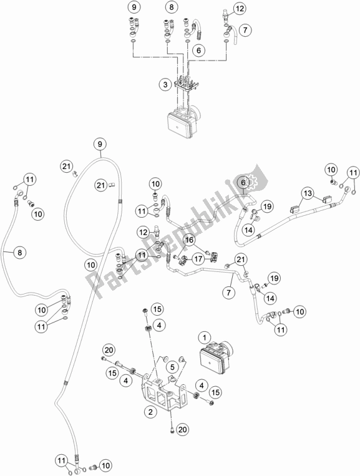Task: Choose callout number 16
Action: tap(189, 239)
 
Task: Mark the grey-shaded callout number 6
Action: tap(244, 182)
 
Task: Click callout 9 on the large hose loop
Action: tap(99, 145)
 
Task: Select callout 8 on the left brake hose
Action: tap(20, 253)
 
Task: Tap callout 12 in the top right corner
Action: tap(240, 8)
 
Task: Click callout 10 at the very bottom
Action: tap(107, 465)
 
